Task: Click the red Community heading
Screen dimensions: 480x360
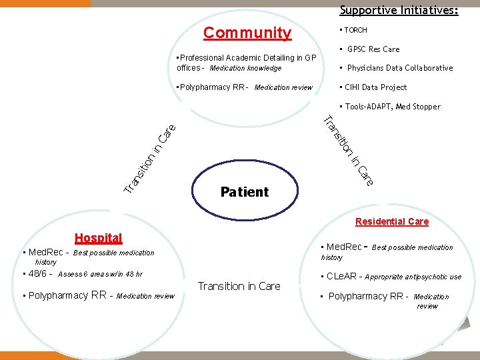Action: (247, 33)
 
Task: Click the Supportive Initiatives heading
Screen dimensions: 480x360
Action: (399, 10)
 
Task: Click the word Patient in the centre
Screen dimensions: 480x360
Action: (244, 192)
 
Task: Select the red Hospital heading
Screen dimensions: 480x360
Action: (98, 238)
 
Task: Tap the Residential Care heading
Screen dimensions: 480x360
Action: (392, 221)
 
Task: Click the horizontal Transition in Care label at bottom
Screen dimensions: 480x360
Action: (239, 286)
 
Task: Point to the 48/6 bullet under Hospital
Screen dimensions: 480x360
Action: (39, 274)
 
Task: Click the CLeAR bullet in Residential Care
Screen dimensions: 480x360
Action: (342, 277)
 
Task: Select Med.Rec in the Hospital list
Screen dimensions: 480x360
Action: (45, 253)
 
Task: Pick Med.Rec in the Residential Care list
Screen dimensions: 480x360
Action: (344, 247)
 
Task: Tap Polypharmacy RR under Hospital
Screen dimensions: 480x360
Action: (68, 296)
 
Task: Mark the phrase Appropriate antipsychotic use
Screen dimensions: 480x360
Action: (413, 277)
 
